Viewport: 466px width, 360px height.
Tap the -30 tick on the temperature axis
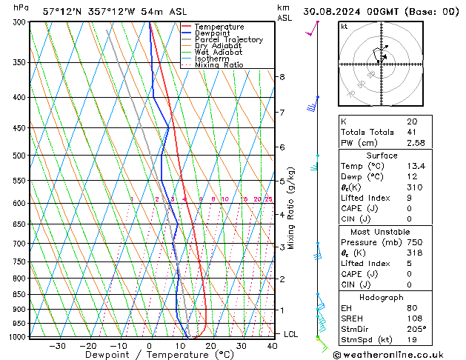pyautogui.click(x=57, y=346)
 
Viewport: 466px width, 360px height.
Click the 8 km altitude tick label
pyautogui.click(x=282, y=77)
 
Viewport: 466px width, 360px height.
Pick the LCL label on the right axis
pyautogui.click(x=290, y=334)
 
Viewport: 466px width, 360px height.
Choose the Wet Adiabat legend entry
pyautogui.click(x=219, y=52)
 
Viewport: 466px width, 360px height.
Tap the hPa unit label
pyautogui.click(x=21, y=7)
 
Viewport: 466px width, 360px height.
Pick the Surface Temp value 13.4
pyautogui.click(x=414, y=167)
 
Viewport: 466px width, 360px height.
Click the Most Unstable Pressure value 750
pyautogui.click(x=414, y=242)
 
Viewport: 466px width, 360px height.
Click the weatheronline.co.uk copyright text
pyautogui.click(x=393, y=355)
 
